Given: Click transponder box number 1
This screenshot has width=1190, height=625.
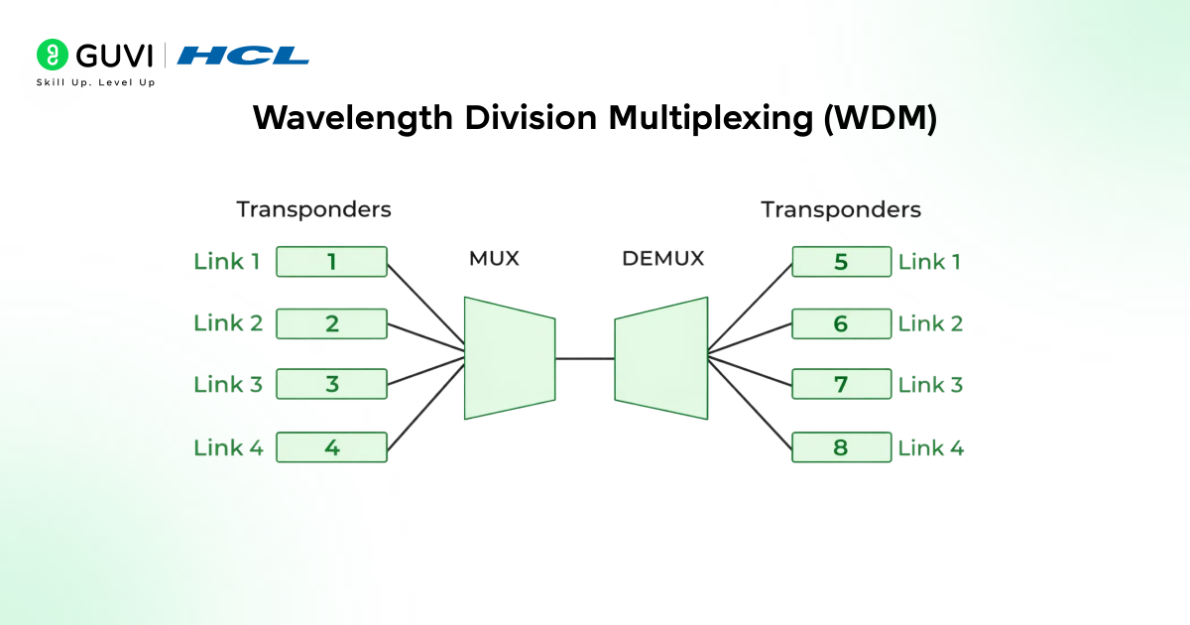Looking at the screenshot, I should point(331,262).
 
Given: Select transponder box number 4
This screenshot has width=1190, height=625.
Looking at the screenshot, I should point(331,447).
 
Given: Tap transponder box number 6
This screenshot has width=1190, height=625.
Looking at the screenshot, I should point(841,323).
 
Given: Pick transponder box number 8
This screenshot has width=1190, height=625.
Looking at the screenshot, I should point(841,447).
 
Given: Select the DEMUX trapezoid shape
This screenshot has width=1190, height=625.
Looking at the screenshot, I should point(661,358).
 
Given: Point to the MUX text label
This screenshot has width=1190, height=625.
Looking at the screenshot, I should point(494,259).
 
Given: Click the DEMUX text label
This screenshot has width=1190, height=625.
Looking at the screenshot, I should point(662,259).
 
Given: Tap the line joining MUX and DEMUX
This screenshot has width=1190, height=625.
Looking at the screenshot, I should point(585,358).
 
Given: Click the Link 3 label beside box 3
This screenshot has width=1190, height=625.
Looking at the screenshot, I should point(228,385).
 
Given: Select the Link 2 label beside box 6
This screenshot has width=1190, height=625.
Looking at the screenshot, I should point(930,323).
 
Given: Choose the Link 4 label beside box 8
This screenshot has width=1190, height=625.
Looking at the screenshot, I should point(930,447).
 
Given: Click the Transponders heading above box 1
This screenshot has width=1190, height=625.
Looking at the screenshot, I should point(313,210).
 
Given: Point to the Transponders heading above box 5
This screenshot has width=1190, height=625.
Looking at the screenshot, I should point(841,210).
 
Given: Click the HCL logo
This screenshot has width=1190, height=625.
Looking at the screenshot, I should point(243,56).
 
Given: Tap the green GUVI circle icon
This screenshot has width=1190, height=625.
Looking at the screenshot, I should point(52,55).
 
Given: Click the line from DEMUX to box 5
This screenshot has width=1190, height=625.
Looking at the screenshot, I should point(750,307).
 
